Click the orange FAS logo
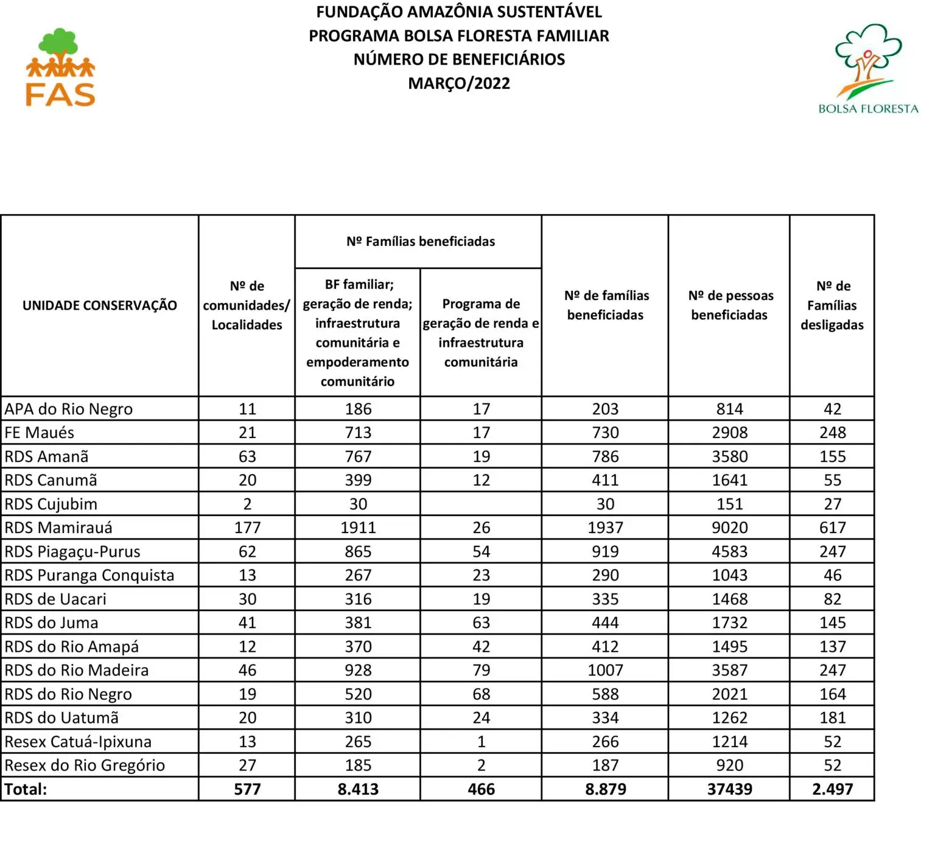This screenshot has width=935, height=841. click(x=60, y=68)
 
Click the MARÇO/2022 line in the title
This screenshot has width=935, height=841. click(x=459, y=83)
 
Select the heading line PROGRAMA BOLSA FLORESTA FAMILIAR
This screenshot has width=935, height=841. click(x=459, y=36)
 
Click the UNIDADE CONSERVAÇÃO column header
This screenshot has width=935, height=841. click(x=100, y=305)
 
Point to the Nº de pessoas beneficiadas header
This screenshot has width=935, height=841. click(x=730, y=305)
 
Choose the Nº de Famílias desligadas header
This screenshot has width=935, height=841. click(x=832, y=305)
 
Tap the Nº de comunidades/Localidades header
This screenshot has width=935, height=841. click(x=247, y=305)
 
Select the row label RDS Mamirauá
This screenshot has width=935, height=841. click(x=58, y=528)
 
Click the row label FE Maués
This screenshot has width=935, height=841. click(x=40, y=433)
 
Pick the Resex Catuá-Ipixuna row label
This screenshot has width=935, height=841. click(x=78, y=742)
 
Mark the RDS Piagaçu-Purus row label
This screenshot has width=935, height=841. click(x=72, y=551)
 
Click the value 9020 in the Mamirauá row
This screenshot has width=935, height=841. click(x=730, y=528)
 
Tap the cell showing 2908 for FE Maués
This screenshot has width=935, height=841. click(x=730, y=433)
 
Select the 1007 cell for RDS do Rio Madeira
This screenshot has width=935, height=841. click(x=605, y=670)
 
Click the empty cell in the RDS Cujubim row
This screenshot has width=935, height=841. click(x=481, y=504)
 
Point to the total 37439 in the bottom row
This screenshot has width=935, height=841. click(x=730, y=789)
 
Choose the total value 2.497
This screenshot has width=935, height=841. click(x=832, y=789)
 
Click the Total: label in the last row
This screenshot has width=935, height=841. click(x=26, y=789)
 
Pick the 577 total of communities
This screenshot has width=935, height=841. click(x=247, y=789)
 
